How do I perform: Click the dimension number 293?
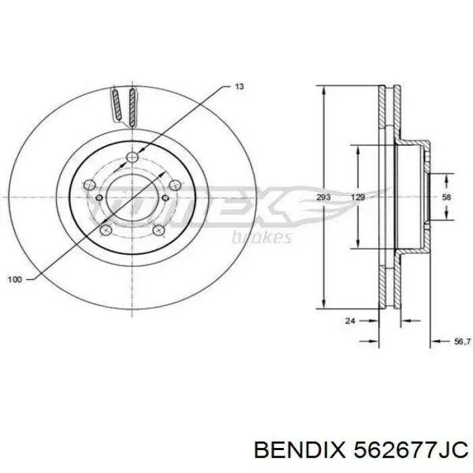pos(323,197)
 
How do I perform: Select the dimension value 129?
pos(359,197)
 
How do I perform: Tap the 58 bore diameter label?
pos(446,197)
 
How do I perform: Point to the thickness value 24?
pos(349,322)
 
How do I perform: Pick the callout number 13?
pos(239,86)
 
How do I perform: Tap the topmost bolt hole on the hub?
pos(132,158)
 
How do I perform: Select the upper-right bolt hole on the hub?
pos(172,184)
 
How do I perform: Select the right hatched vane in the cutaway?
pos(133,106)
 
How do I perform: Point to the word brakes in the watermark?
pos(262,236)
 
